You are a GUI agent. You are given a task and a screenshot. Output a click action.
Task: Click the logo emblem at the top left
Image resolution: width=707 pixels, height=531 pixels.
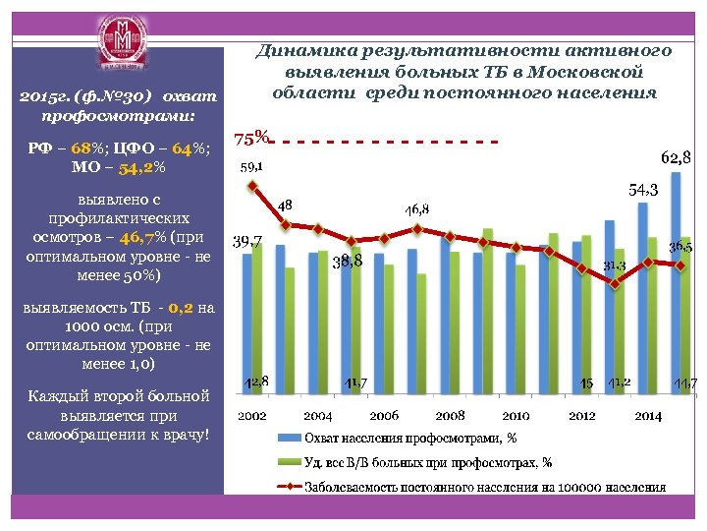click(123, 46)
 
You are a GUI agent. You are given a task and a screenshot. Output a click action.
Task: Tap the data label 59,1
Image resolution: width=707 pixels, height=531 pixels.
click(252, 166)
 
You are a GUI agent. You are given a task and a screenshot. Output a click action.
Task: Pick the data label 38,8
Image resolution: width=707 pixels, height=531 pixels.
click(348, 262)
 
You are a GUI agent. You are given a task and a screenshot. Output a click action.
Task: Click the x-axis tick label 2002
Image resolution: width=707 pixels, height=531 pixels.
click(252, 416)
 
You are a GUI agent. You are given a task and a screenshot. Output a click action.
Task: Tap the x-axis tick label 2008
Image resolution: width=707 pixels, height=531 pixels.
click(450, 416)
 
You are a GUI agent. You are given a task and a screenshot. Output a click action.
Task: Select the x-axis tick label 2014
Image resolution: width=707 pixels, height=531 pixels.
click(647, 416)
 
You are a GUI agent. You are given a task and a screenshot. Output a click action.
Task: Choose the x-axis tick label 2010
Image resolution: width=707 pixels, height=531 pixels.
click(516, 416)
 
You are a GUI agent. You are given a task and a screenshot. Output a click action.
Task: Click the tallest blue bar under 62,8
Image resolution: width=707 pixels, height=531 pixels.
click(677, 285)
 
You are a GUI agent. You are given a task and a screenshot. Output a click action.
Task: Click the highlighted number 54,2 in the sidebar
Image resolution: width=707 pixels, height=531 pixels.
click(136, 168)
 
